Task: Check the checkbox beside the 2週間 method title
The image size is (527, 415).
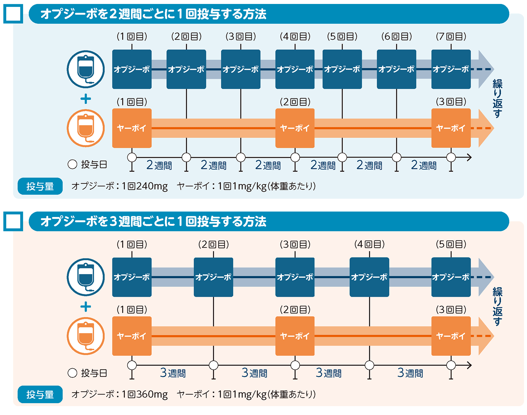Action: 13,14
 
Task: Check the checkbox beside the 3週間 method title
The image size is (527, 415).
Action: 13,221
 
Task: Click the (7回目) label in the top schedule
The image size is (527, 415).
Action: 451,37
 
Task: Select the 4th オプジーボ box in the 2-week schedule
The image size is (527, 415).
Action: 295,69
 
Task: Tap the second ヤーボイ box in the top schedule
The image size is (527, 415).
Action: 295,128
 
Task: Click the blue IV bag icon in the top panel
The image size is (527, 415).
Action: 86,69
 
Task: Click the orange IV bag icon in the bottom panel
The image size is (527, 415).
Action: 86,336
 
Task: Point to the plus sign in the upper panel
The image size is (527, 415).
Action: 86,99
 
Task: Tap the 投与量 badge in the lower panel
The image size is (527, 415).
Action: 40,394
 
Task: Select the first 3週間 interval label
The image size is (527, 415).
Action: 173,373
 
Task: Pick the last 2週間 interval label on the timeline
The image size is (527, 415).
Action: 424,165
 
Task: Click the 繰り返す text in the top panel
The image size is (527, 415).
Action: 497,98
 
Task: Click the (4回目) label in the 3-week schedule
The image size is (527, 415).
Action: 369,244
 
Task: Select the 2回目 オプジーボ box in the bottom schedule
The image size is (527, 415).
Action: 213,277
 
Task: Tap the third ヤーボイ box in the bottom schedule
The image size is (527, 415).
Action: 451,336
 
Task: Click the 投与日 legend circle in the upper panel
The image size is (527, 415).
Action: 72,164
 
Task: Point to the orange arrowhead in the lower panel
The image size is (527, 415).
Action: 486,336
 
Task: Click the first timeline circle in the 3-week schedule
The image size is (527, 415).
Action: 132,365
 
